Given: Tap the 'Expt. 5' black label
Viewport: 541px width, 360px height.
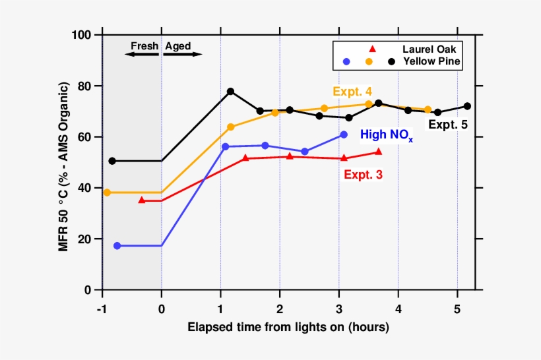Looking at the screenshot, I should coord(448,124).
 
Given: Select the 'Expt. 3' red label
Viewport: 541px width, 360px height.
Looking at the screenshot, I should coord(363,175).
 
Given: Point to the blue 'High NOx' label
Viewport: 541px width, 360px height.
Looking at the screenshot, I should coord(386,135).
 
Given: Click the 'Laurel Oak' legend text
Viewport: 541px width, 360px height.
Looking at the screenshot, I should coord(428,49).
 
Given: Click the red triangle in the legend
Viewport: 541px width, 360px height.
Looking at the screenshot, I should coord(373,49).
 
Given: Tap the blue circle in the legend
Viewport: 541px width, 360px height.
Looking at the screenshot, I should coord(347,61).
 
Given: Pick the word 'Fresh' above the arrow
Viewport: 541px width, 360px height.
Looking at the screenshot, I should coord(144,46).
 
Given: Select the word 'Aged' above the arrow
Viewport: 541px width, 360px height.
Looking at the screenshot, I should coord(178,46).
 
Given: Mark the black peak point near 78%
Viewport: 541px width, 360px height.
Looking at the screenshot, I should coord(230,92).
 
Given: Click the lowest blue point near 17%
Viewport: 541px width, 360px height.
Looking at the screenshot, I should coord(117,246).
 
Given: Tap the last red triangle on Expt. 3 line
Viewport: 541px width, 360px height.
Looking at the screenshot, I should coord(378,152).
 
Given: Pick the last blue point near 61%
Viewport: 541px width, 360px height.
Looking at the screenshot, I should coord(343,135).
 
